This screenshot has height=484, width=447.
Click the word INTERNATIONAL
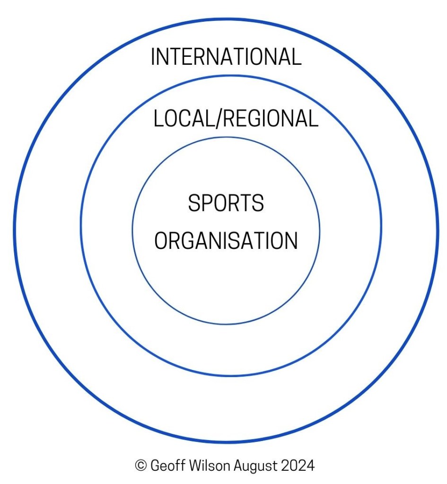click(x=226, y=57)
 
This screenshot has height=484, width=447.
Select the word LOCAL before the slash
click(x=184, y=118)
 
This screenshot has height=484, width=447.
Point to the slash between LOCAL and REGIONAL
click(x=219, y=118)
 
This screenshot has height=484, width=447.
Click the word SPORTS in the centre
click(x=226, y=203)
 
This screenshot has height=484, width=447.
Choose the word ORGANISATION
click(x=226, y=241)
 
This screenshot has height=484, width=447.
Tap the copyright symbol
click(x=140, y=466)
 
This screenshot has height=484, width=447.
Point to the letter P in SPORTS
click(x=207, y=203)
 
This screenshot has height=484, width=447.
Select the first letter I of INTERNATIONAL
click(x=153, y=57)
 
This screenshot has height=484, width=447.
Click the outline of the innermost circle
click(x=226, y=138)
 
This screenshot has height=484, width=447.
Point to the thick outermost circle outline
click(x=226, y=19)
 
